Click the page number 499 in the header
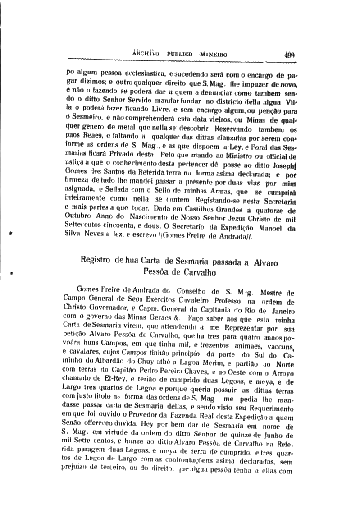[289, 54]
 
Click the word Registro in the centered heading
[96, 261]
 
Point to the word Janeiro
[279, 311]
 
